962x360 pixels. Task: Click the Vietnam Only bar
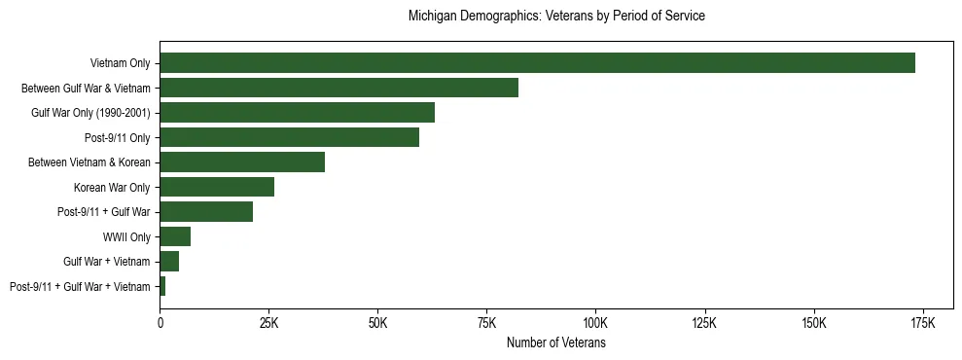coord(537,63)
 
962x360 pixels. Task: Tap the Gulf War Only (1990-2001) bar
coord(297,113)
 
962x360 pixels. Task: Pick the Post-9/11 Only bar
coord(289,137)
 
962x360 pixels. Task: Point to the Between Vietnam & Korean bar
coord(242,162)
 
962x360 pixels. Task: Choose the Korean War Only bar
coord(217,187)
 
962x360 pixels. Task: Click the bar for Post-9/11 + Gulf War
coord(206,212)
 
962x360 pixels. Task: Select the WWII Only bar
coord(175,236)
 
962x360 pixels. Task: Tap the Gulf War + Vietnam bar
coord(169,262)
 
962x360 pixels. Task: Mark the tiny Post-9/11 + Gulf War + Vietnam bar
coord(162,286)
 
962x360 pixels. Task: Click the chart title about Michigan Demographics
coord(556,17)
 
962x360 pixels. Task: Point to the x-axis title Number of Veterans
coord(556,342)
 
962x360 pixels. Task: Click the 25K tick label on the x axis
coord(268,322)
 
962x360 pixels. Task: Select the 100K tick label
coord(595,322)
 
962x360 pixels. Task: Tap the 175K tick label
coord(922,322)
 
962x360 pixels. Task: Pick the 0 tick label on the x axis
coord(160,322)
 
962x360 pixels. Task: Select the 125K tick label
coord(704,322)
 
